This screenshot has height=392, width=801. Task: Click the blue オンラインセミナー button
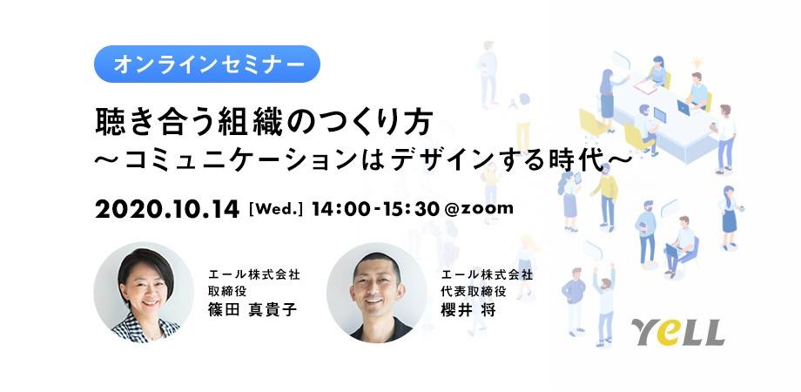(x=207, y=64)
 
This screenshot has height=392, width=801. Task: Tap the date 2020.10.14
(x=167, y=210)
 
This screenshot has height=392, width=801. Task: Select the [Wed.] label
(x=275, y=210)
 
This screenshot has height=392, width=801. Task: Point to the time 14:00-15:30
(x=375, y=210)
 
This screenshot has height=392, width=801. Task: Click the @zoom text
(x=479, y=209)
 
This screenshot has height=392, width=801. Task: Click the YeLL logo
(x=677, y=332)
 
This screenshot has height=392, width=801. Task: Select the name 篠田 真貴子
(x=252, y=310)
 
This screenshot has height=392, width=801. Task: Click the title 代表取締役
(x=474, y=292)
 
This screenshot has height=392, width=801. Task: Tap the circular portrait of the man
(x=377, y=293)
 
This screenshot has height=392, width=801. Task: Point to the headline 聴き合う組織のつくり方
(x=265, y=123)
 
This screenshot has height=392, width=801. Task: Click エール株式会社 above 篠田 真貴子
(x=254, y=275)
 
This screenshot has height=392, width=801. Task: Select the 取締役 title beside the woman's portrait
(x=225, y=292)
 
